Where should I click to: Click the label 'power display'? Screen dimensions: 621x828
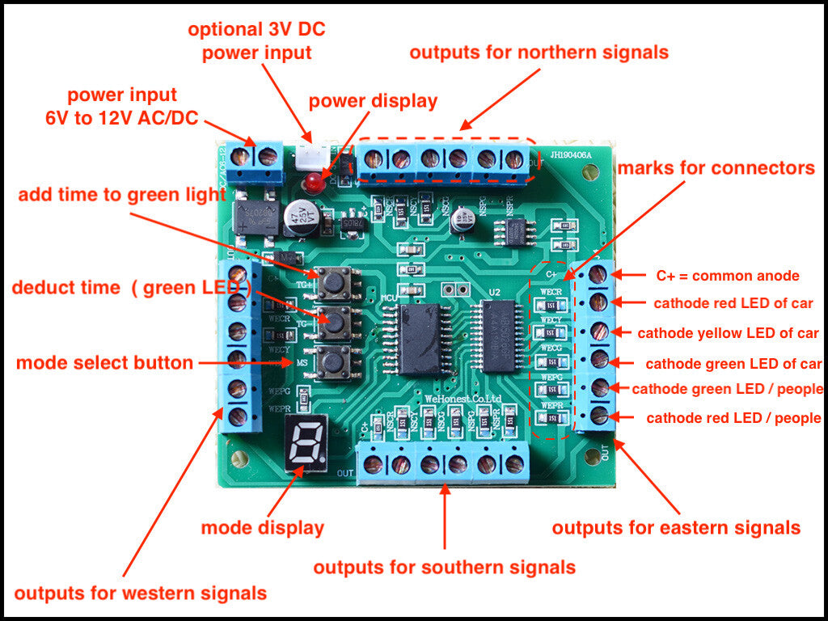pyautogui.click(x=373, y=101)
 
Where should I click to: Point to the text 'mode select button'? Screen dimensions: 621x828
pyautogui.click(x=104, y=363)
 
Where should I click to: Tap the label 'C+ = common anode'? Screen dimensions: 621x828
pyautogui.click(x=728, y=276)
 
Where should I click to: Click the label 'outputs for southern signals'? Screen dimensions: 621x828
pyautogui.click(x=445, y=567)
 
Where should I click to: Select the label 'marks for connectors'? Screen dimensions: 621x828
pyautogui.click(x=716, y=168)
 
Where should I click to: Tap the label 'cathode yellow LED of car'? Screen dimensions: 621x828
pyautogui.click(x=729, y=333)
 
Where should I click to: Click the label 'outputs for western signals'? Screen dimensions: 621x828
pyautogui.click(x=140, y=593)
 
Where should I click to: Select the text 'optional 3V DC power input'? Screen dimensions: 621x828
pyautogui.click(x=256, y=41)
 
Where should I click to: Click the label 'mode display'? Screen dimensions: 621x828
pyautogui.click(x=262, y=528)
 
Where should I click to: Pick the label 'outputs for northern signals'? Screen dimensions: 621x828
pyautogui.click(x=539, y=53)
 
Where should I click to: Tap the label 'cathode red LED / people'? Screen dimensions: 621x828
pyautogui.click(x=733, y=418)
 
